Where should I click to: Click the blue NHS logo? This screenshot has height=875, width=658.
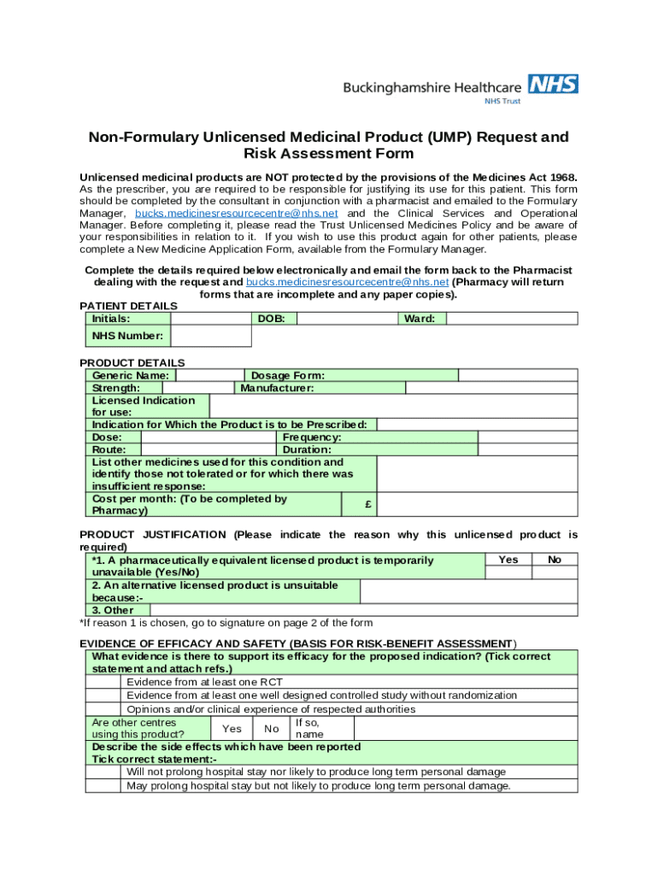553,84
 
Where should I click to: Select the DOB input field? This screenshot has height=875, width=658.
347,319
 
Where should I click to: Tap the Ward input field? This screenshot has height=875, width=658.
512,319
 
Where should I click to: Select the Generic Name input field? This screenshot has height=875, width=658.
209,375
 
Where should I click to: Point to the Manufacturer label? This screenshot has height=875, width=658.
277,388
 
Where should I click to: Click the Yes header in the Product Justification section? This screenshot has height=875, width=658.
508,560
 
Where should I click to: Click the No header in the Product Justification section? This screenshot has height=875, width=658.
555,560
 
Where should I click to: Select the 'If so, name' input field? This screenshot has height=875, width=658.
465,729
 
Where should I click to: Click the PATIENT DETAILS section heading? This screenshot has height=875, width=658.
128,306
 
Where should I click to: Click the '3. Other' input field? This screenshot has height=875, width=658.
363,610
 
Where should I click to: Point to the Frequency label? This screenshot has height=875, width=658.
312,437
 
